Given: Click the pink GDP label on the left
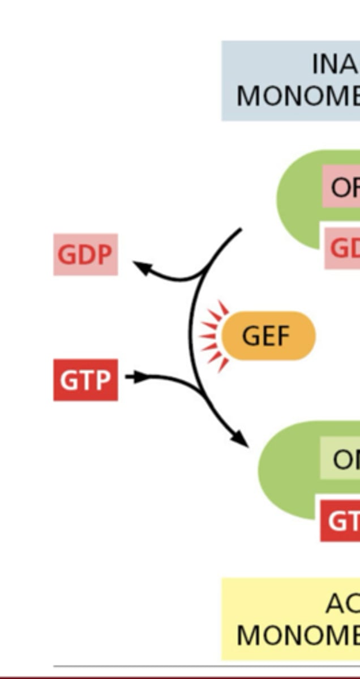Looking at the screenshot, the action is point(85,255).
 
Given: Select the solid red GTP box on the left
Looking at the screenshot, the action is point(85,380).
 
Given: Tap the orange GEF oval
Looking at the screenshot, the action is point(268,336).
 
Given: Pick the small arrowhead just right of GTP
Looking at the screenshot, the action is point(142,376).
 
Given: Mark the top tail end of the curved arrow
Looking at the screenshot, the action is point(240,230).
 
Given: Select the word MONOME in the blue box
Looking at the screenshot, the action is point(298,96).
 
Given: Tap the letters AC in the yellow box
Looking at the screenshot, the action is point(342,604).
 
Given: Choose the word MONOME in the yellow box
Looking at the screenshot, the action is point(298,635).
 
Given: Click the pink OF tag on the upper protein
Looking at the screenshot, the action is point(342,187).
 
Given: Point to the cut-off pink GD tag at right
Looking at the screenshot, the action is point(343,247).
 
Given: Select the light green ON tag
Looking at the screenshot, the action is point(341,459).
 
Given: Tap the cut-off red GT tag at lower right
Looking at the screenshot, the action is point(341,521).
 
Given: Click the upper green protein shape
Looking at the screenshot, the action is point(300,198).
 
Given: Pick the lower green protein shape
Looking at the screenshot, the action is point(289,470).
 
